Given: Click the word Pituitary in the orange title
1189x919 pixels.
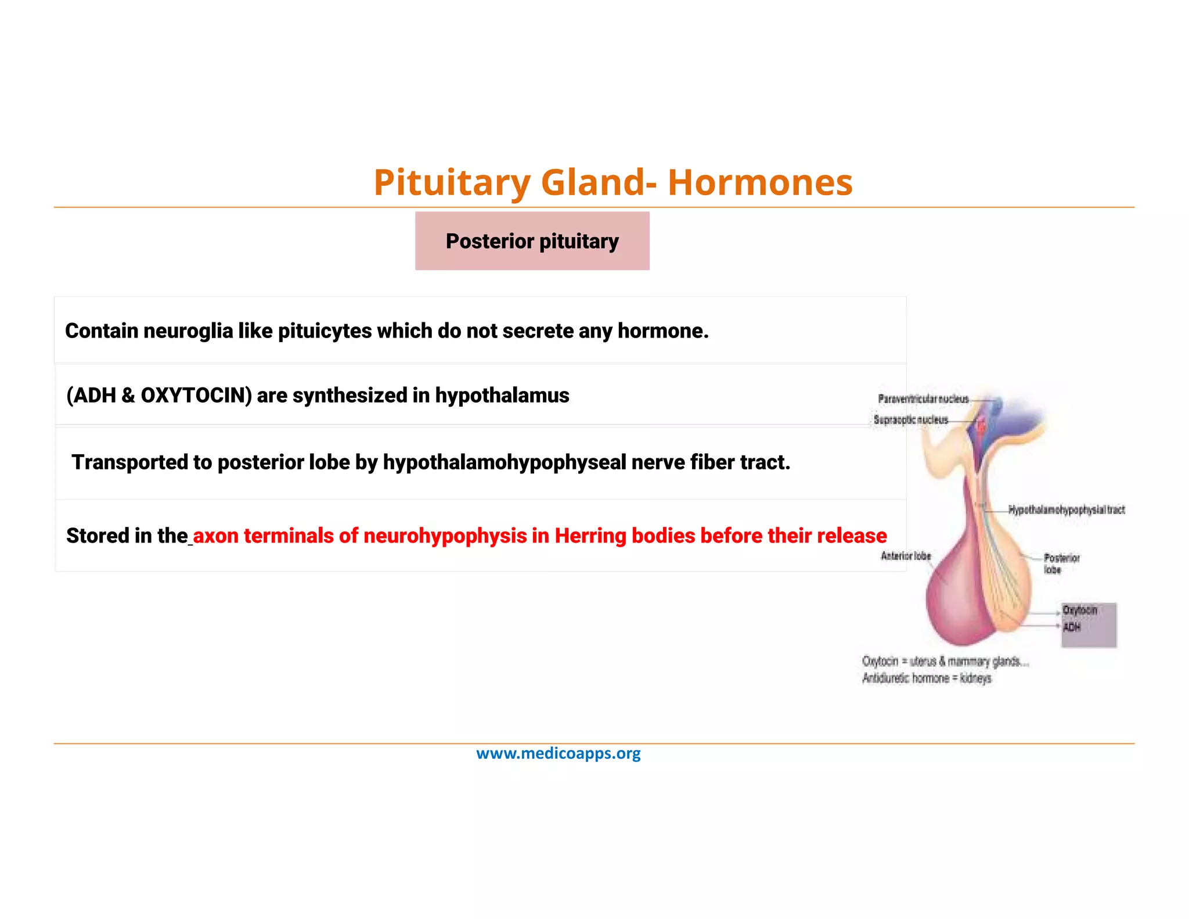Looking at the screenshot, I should point(452,182).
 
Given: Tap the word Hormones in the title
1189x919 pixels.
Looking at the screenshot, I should point(760,182).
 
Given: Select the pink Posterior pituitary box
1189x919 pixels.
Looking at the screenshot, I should point(532,241).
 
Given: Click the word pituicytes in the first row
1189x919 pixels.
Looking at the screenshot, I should point(325,331).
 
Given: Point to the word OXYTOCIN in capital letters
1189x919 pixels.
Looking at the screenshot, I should point(196,396).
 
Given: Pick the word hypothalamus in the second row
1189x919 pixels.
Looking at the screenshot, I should point(502,396).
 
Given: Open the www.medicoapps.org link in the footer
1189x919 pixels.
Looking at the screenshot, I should point(559,753).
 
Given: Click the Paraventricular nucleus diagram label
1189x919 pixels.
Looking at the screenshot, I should point(923,399).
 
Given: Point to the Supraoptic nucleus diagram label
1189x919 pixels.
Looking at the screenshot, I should point(910,419).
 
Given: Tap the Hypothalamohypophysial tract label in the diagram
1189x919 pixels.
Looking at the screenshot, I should point(1067,510).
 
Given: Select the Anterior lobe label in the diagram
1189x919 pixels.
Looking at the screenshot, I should point(906,556).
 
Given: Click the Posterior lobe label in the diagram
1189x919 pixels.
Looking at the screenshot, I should point(1061,563).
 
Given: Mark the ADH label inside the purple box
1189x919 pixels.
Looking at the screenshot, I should point(1072,627).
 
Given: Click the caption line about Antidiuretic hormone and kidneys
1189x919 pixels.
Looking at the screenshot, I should point(927,679).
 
